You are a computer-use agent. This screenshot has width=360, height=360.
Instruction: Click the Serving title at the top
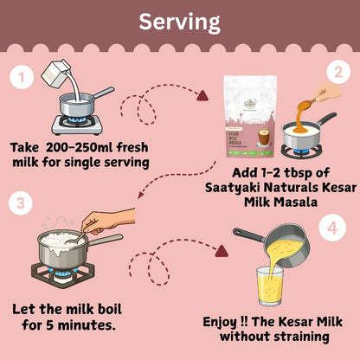(179, 20)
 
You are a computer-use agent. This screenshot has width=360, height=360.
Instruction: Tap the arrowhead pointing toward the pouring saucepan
(224, 253)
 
